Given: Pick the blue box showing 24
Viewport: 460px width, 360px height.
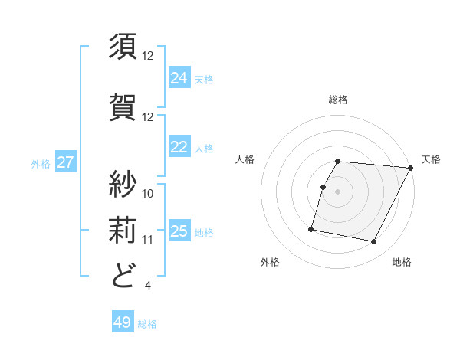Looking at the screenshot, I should [x=179, y=77].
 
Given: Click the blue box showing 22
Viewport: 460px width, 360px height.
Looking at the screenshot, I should [x=179, y=147].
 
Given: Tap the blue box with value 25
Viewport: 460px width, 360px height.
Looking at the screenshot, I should [x=179, y=231].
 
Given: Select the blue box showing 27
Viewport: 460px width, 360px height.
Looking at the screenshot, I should [x=66, y=162].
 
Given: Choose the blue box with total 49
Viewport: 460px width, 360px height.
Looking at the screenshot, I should [x=123, y=322].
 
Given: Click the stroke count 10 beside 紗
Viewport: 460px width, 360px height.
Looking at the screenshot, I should [x=148, y=193].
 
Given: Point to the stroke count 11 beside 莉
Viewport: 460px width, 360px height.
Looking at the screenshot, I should [x=148, y=239].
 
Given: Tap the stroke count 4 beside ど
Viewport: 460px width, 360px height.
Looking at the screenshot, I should [x=147, y=286].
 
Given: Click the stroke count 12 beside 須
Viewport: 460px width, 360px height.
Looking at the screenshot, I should [x=148, y=56].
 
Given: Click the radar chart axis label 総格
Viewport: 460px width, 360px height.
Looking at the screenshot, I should [x=338, y=100].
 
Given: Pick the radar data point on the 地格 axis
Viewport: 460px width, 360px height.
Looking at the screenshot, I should [x=374, y=242].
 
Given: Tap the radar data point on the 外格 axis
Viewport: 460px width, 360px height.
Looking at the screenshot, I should [x=311, y=228].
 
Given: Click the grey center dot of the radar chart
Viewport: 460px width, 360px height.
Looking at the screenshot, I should [x=338, y=191].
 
